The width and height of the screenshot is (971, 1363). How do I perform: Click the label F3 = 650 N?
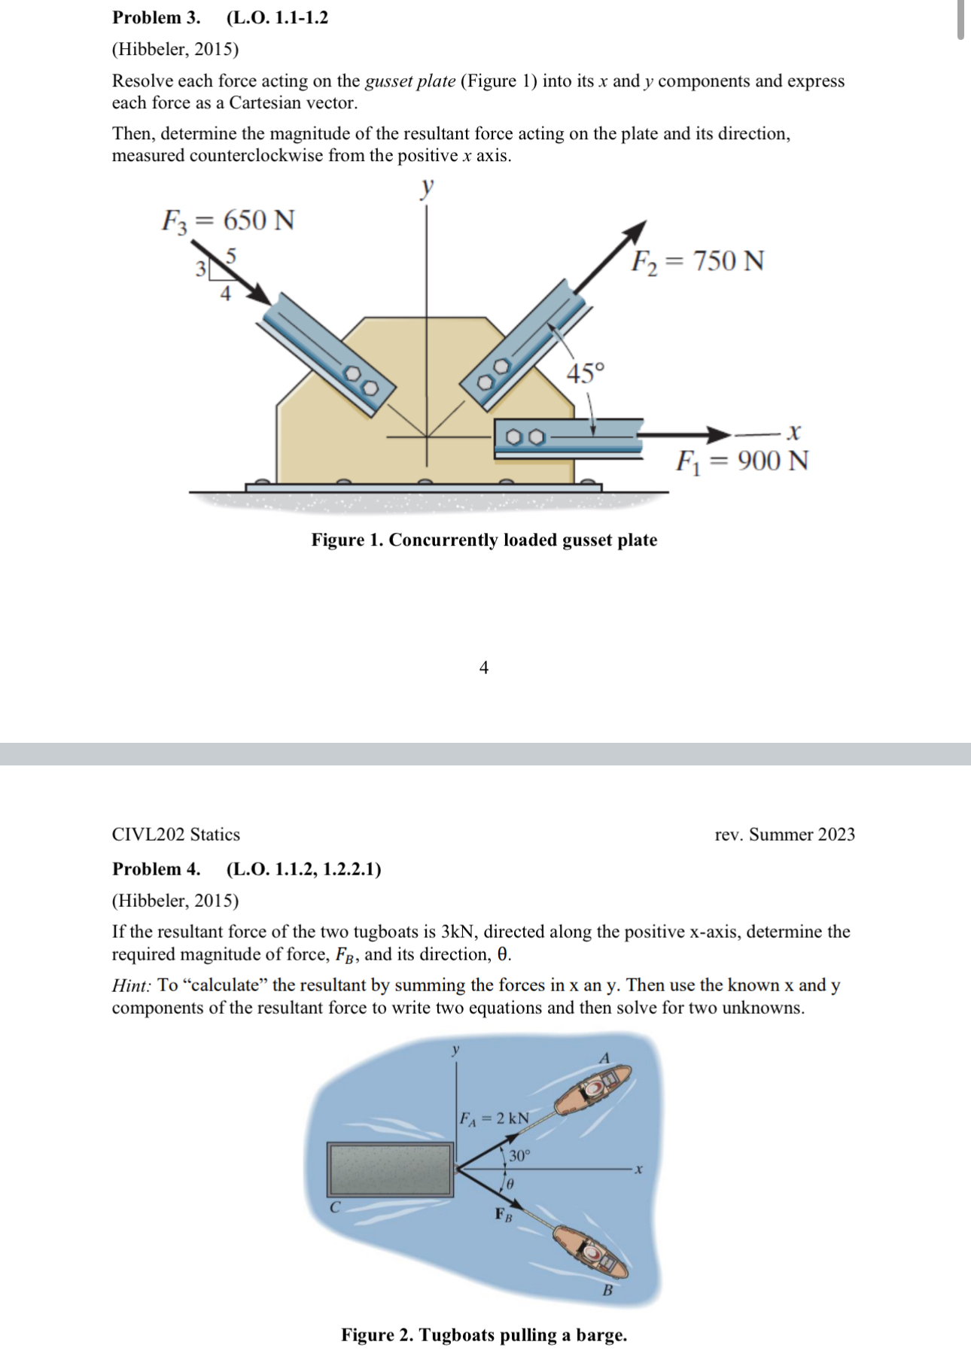coord(228,221)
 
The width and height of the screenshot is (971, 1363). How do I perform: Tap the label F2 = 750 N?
coord(697,261)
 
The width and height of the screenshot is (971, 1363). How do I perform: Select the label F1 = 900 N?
coord(742,461)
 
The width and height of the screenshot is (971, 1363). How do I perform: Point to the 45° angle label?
coord(585,373)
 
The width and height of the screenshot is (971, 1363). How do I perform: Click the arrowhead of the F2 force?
coord(637,230)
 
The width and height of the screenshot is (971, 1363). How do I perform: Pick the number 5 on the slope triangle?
coord(231,256)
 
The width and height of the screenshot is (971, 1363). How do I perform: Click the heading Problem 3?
coord(156,17)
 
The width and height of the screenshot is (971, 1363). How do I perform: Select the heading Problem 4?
coord(156,869)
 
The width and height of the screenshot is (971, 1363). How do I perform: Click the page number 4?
coord(483,668)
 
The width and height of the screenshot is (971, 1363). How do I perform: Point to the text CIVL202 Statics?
coord(175,835)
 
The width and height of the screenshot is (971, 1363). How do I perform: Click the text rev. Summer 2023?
coord(784,835)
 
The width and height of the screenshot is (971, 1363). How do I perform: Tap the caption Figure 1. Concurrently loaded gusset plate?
coord(484,540)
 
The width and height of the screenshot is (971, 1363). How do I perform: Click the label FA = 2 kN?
coord(495,1118)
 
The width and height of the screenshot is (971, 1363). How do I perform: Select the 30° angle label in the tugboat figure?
coord(519,1156)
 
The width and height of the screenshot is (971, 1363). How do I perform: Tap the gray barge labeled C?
coord(390,1169)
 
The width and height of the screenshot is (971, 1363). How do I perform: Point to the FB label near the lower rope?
coord(503,1214)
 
